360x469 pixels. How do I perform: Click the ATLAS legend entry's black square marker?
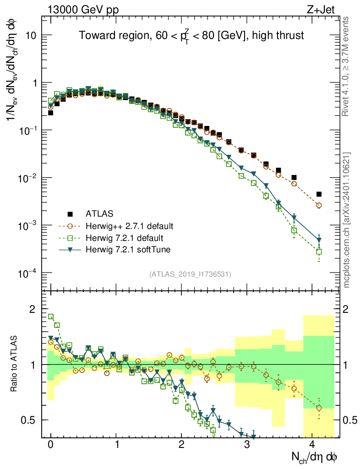[70, 213]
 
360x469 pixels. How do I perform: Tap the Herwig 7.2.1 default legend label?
[125, 238]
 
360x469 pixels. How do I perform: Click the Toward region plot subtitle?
[191, 36]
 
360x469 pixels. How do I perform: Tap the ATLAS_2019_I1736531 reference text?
[190, 274]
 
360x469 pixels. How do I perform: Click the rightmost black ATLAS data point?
[319, 194]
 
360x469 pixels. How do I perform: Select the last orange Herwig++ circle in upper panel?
[319, 206]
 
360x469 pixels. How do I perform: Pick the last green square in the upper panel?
[319, 251]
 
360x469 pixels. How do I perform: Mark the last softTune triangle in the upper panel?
[319, 240]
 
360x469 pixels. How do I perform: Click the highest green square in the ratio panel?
[51, 316]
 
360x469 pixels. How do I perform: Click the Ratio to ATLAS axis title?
[15, 364]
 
